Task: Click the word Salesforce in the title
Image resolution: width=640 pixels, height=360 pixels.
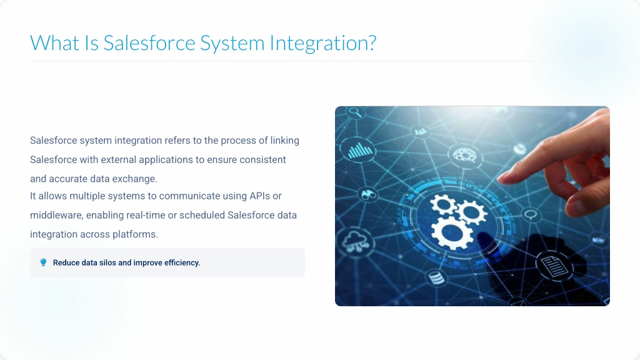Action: tap(149, 43)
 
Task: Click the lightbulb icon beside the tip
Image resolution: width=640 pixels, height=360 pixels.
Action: tap(43, 262)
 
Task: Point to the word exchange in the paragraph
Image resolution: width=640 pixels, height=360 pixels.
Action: tap(136, 179)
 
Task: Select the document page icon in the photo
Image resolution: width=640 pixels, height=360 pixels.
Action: tap(554, 266)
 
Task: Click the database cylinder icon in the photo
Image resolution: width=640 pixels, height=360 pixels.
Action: tap(436, 277)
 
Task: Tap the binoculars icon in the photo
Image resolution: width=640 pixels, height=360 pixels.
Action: tap(369, 195)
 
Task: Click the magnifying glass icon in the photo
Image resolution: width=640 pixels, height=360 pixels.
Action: tap(356, 112)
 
